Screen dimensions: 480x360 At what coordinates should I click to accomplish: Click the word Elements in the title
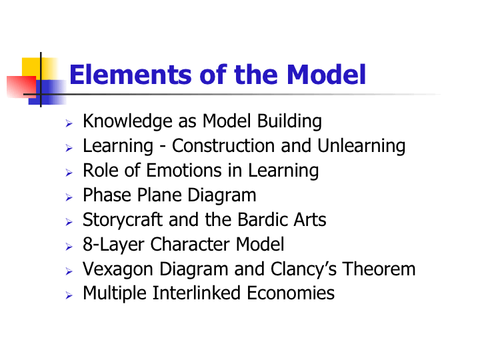click(131, 75)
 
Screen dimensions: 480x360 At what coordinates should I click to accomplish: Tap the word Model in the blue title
click(326, 75)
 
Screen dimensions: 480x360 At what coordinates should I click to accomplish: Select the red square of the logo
click(21, 87)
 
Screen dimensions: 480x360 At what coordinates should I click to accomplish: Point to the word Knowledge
click(127, 122)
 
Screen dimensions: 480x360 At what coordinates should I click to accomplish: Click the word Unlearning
click(361, 146)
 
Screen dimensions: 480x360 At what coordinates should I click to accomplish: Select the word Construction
click(223, 146)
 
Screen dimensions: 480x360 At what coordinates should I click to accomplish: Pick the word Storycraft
click(123, 221)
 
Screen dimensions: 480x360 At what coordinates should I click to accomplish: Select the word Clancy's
click(303, 269)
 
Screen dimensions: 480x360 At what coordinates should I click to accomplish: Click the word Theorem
click(379, 269)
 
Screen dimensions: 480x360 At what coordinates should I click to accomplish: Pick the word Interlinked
click(196, 293)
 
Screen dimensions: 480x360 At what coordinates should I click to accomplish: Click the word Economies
click(291, 293)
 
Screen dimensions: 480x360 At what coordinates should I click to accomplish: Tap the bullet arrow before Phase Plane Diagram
click(69, 197)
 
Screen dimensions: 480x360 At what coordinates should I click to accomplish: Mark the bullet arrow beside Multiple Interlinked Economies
click(69, 295)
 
